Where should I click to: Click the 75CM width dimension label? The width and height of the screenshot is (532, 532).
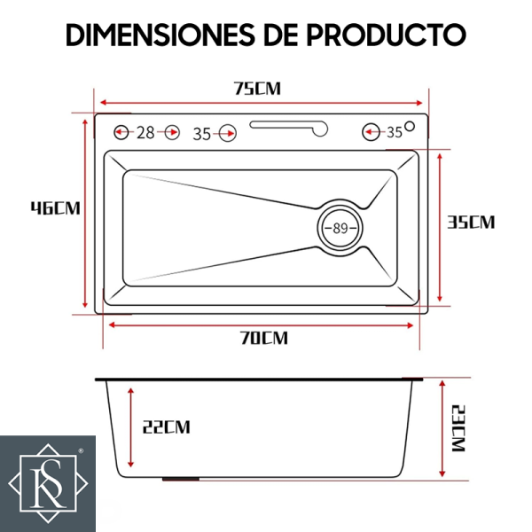pos(257,89)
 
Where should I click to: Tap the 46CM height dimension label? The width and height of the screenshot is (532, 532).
pos(55,208)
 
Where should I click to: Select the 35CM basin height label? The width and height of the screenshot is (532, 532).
pos(471,223)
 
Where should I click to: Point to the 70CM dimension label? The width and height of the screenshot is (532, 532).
pos(262,338)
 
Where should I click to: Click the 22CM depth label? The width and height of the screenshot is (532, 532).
pos(166,427)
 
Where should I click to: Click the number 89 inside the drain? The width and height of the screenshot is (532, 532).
pos(340,228)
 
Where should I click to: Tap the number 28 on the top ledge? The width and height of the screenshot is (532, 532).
pos(145,133)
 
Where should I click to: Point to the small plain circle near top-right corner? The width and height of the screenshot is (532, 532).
pos(411,125)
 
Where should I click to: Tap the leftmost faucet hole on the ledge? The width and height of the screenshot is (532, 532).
pos(121,133)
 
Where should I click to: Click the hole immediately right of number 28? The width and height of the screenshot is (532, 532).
pos(170,133)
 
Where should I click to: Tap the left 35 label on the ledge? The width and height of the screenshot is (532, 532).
pos(202,134)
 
